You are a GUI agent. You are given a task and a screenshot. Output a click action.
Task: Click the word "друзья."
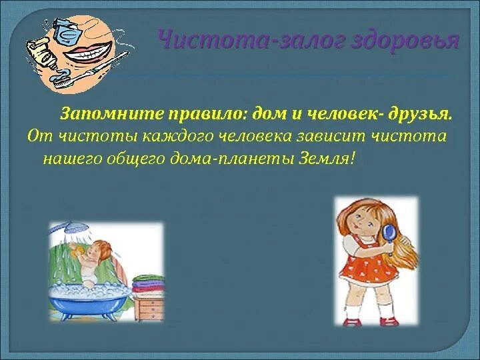pyautogui.click(x=419, y=113)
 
